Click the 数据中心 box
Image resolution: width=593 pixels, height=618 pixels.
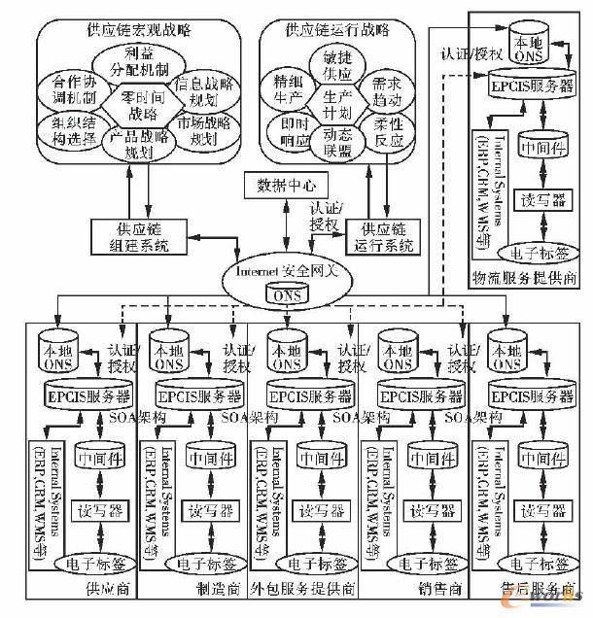[x=287, y=185]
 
